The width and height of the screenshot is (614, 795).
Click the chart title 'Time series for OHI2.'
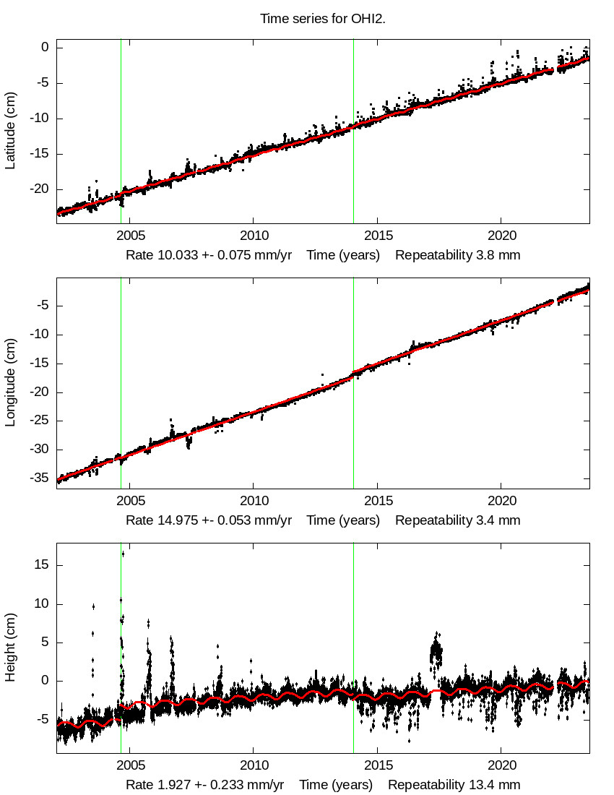click(323, 19)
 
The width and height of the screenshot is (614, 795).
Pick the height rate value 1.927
click(170, 785)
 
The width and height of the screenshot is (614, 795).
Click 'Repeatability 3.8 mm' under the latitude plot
click(457, 255)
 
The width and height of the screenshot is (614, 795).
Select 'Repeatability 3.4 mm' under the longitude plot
click(457, 520)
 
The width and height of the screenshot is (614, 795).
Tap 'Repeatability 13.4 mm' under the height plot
click(454, 785)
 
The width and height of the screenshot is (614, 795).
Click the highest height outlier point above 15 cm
click(123, 554)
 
